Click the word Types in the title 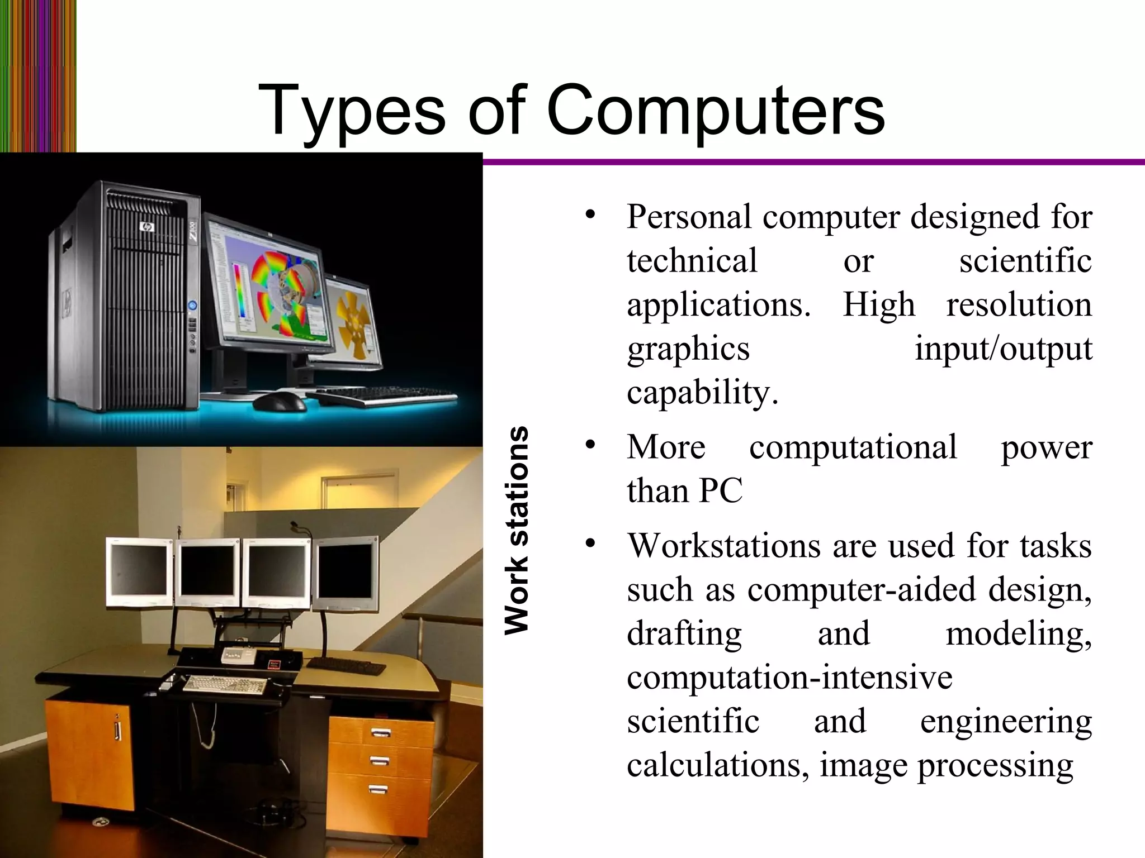[x=352, y=112]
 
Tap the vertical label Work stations [x=515, y=530]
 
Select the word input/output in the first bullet [x=1003, y=350]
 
